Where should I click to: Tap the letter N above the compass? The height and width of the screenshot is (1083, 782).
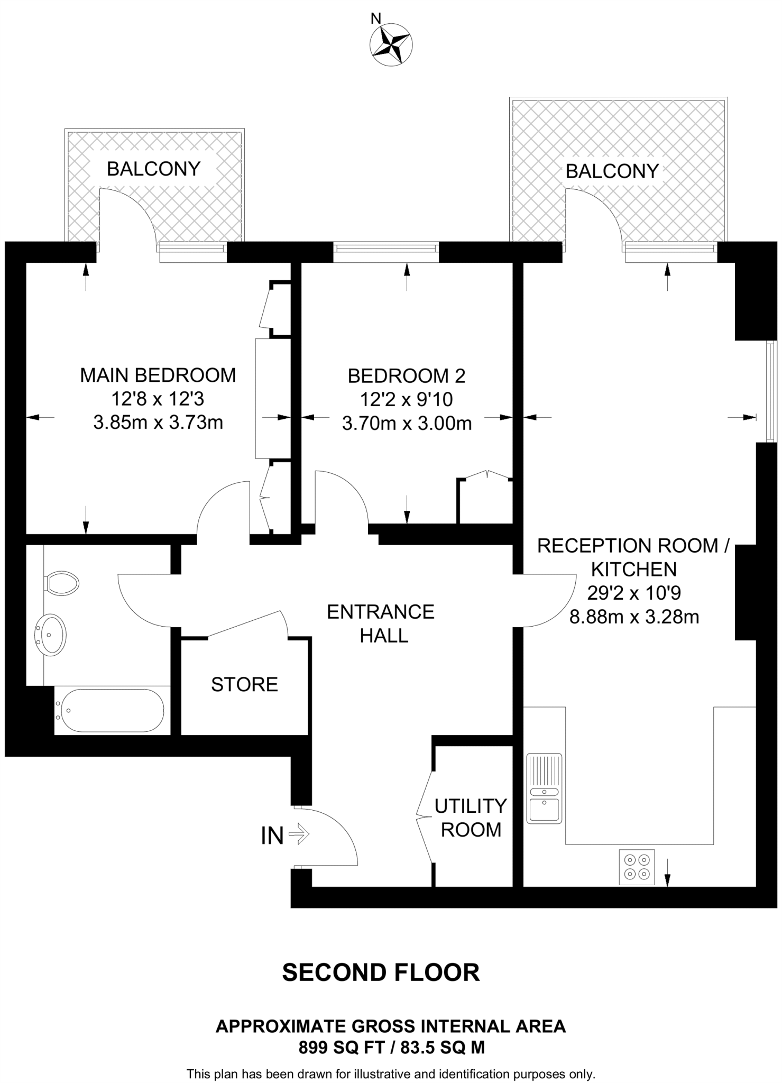point(375,19)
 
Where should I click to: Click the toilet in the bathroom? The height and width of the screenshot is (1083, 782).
point(62,583)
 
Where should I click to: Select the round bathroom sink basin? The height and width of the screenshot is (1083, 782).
point(50,634)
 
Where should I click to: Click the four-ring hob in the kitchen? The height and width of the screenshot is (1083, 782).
point(637,867)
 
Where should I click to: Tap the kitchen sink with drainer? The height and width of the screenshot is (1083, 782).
point(544,788)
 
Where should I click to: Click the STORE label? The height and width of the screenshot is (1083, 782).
point(244,684)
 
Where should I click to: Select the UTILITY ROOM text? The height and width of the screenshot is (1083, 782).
point(470,818)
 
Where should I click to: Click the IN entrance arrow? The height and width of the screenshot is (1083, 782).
point(299,836)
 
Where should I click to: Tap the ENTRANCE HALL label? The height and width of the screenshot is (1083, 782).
point(381,623)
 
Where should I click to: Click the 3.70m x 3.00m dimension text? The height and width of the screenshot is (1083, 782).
point(407,424)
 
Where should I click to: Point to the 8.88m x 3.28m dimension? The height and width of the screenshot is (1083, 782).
point(634,617)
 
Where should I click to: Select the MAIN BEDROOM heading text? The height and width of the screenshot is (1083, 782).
point(158,375)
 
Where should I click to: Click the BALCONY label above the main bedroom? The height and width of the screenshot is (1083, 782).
point(153,169)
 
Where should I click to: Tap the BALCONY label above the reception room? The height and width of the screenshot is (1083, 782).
point(612,171)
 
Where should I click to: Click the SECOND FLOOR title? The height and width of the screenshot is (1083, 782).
point(381,972)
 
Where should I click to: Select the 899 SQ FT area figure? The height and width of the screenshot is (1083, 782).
point(341,1047)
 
